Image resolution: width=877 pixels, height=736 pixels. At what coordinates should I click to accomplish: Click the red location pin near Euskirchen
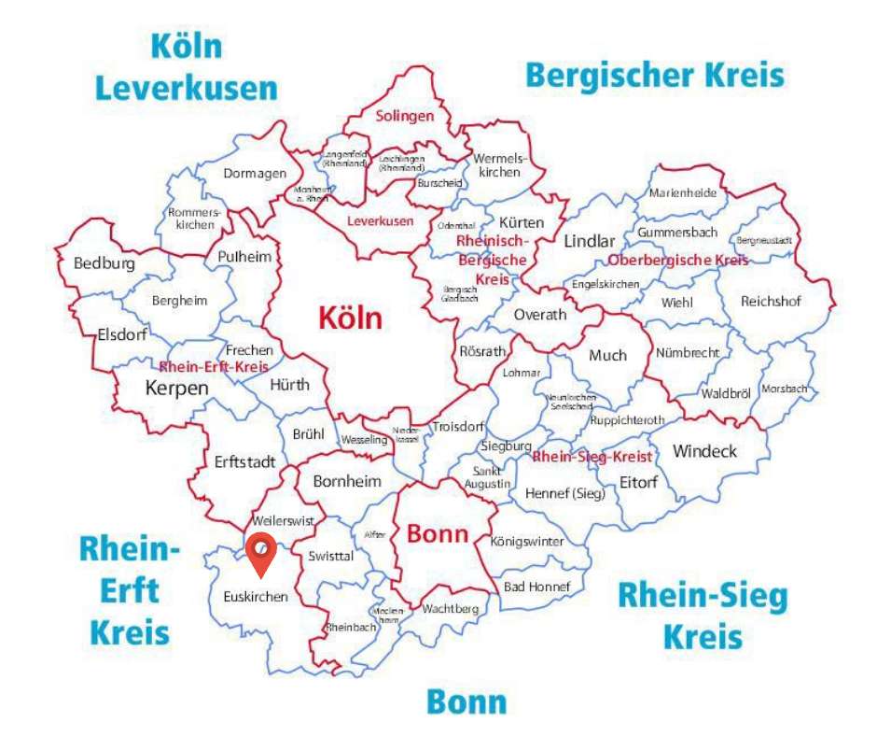262,552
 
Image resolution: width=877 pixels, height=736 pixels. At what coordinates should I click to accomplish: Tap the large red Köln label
350,318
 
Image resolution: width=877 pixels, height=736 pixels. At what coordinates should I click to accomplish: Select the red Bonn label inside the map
437,534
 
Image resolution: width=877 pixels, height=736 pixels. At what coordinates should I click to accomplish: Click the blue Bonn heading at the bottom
466,701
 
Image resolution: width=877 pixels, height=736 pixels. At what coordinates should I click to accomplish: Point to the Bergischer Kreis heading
655,74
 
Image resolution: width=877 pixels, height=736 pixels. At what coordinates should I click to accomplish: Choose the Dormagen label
254,173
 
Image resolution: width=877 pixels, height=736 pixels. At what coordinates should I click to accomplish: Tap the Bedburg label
104,263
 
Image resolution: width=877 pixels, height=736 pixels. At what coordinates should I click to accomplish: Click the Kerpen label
176,388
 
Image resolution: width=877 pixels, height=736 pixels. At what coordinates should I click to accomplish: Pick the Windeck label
704,451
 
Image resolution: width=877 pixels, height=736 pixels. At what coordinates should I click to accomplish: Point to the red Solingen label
405,117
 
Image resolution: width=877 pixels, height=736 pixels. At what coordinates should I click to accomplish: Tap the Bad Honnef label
530,587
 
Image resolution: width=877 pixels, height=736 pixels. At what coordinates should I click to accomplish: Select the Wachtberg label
450,609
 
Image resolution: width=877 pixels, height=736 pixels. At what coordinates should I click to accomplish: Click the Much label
607,355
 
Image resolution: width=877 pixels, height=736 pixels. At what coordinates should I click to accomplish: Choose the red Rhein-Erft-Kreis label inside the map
214,366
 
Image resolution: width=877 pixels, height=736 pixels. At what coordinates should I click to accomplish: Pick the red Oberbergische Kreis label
677,260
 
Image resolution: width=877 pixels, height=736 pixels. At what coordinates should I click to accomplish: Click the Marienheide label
683,193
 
